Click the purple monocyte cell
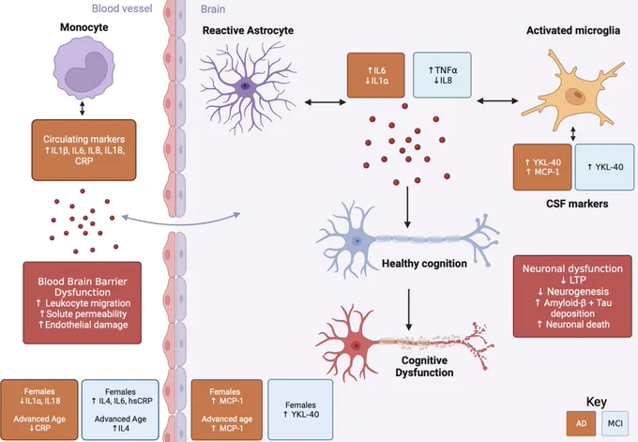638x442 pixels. tap(84, 68)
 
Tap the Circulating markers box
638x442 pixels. tap(84, 150)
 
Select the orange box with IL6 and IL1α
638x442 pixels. tap(376, 75)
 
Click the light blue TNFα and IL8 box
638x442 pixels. tap(442, 75)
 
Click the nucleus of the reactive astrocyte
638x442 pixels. tap(245, 86)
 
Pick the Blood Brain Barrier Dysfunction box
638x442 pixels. tap(83, 303)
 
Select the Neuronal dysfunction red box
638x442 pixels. tap(572, 297)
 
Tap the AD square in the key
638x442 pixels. tap(581, 423)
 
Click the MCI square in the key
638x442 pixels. tap(615, 423)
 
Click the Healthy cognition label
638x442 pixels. tap(424, 264)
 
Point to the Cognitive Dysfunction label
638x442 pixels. tap(424, 366)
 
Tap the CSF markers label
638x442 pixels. tap(577, 204)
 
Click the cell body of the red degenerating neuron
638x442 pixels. tap(356, 345)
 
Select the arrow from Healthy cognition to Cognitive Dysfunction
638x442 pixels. tap(408, 310)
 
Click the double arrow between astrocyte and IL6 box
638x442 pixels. tap(326, 102)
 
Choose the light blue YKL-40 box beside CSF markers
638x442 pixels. tap(604, 167)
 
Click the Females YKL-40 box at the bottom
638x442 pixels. tap(300, 410)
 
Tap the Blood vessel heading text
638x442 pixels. tap(122, 8)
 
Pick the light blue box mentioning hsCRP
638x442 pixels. tap(120, 410)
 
